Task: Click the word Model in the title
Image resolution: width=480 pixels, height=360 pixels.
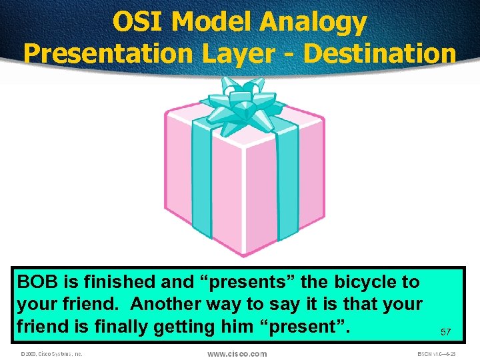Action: coord(213,22)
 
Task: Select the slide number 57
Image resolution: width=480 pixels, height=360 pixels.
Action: coord(445,331)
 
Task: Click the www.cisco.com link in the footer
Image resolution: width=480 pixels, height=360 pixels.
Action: coord(237,353)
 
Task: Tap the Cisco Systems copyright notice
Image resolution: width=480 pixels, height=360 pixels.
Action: coord(51,354)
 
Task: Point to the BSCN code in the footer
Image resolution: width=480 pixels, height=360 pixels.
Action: coord(437,354)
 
